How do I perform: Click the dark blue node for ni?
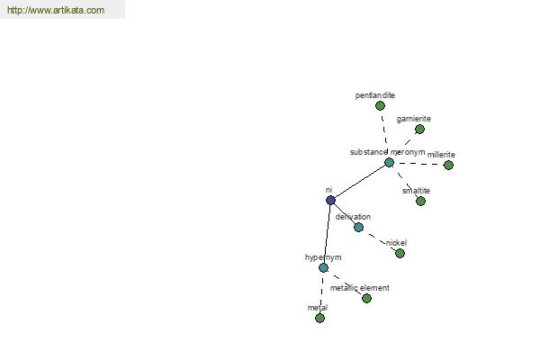pyautogui.click(x=330, y=200)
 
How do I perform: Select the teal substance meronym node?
pyautogui.click(x=389, y=162)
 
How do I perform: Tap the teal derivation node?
pyautogui.click(x=358, y=227)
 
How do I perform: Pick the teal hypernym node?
pyautogui.click(x=323, y=267)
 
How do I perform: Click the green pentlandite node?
pyautogui.click(x=380, y=106)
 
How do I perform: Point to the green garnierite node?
pyautogui.click(x=419, y=130)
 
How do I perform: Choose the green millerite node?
pyautogui.click(x=448, y=165)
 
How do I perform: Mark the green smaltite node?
pyautogui.click(x=420, y=201)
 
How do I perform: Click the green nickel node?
pyautogui.click(x=400, y=254)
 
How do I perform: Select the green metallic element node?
pyautogui.click(x=367, y=298)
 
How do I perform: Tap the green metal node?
pyautogui.click(x=319, y=318)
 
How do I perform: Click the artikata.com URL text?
pyautogui.click(x=56, y=10)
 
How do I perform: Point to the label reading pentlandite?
pyautogui.click(x=375, y=95)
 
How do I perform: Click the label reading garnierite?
pyautogui.click(x=414, y=119)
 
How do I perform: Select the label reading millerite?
pyautogui.click(x=441, y=155)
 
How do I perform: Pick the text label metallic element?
pyautogui.click(x=360, y=288)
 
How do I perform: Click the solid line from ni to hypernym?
pyautogui.click(x=327, y=234)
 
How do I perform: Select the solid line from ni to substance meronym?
pyautogui.click(x=360, y=181)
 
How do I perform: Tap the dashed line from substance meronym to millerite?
pyautogui.click(x=418, y=164)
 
